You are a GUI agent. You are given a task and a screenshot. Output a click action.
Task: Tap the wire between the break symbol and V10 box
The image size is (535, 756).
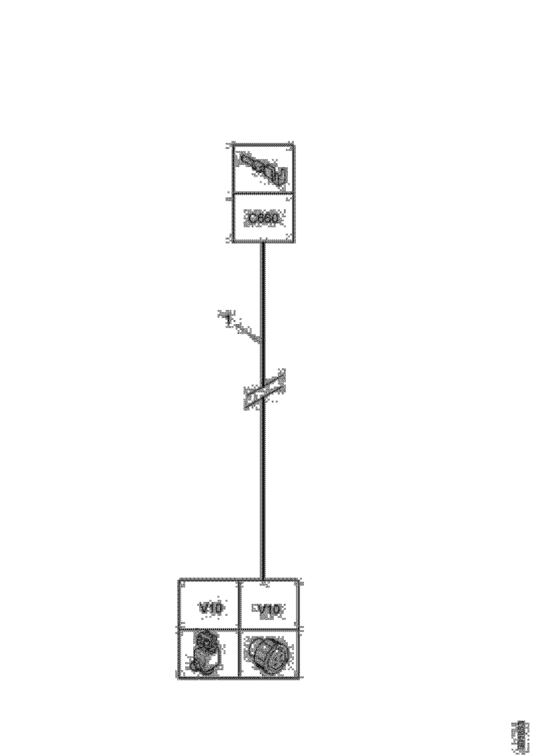click(263, 494)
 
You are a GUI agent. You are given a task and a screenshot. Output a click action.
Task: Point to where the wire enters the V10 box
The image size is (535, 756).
click(263, 580)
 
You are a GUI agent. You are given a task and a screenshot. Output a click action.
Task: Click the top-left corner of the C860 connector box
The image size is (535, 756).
click(233, 145)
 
